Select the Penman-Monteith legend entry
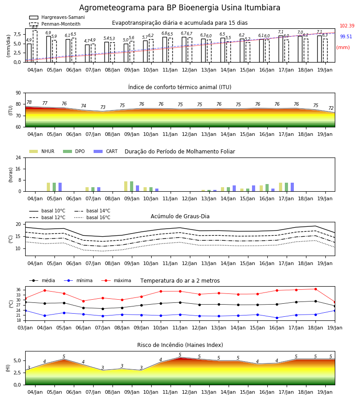tap(55, 24)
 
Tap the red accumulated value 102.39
tap(347, 26)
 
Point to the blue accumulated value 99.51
tap(346, 37)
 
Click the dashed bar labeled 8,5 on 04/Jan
tap(35, 46)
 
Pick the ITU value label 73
tap(103, 107)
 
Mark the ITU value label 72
tap(331, 108)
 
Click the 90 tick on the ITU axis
tap(18, 93)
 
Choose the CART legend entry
tap(106, 151)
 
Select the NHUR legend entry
tap(42, 151)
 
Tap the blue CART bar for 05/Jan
tap(60, 187)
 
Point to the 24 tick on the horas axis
tap(18, 157)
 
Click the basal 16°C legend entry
tap(92, 217)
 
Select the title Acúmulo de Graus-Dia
tap(180, 216)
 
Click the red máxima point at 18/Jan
tap(315, 289)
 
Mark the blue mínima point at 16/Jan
tap(277, 318)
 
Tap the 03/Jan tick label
tap(25, 328)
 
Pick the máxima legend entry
tap(116, 280)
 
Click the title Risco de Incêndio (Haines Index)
tap(180, 345)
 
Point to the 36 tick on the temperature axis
tap(18, 290)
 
